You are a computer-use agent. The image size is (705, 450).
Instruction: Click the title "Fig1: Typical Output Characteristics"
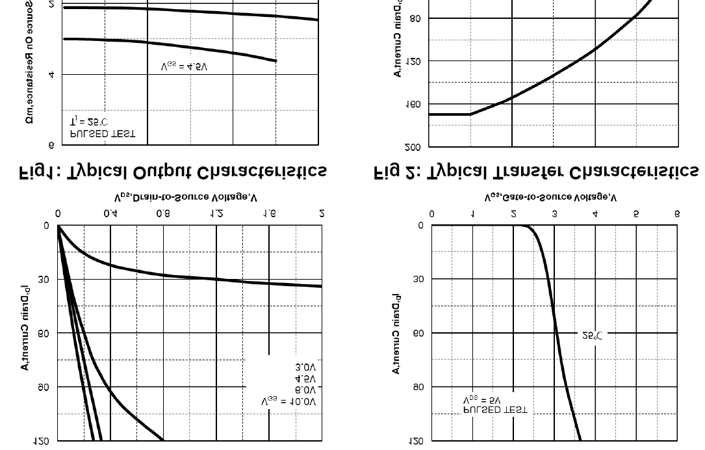(x=172, y=172)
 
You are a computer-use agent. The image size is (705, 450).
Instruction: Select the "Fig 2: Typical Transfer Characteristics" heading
(x=537, y=172)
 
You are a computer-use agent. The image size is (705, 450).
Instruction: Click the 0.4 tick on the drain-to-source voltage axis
(x=110, y=213)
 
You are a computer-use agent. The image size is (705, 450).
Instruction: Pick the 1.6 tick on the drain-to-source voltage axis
(x=269, y=213)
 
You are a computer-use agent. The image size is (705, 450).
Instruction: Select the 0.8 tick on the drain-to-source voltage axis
(x=164, y=213)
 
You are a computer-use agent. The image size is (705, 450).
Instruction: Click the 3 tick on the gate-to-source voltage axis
(x=554, y=213)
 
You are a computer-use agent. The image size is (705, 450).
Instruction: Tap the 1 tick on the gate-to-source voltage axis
(x=472, y=213)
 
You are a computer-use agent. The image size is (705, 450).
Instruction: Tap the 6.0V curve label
(x=305, y=390)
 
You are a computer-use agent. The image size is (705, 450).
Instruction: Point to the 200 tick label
(x=413, y=148)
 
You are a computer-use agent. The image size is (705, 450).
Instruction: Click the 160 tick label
(x=413, y=104)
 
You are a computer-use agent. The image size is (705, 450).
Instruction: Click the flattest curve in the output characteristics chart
(x=195, y=277)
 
